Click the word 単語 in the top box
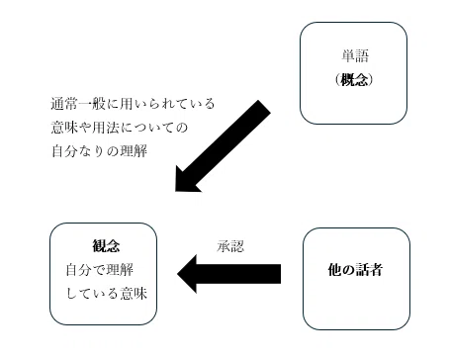tap(355, 55)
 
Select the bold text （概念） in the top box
tap(354, 79)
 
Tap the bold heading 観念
tap(106, 246)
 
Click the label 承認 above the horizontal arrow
tap(230, 246)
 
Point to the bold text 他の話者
tap(355, 270)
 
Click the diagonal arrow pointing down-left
tap(223, 145)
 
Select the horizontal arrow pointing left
tap(229, 274)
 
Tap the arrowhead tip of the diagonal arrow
tap(175, 191)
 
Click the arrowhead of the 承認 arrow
tap(187, 274)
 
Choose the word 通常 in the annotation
tap(64, 104)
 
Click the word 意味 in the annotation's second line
tap(64, 128)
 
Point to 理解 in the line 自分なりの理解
tap(134, 151)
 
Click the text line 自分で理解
tap(100, 270)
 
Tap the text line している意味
tap(107, 294)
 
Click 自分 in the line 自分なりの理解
tap(64, 151)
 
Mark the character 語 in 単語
tap(362, 55)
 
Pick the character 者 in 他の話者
tap(376, 270)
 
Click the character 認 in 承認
tap(237, 246)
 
